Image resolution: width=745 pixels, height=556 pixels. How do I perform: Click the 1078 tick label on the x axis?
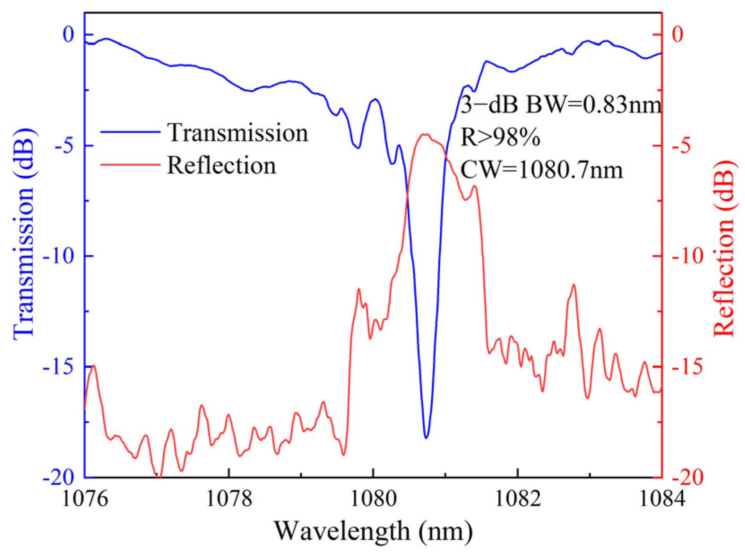229,499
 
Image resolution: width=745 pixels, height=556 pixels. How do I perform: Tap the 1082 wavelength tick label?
517,499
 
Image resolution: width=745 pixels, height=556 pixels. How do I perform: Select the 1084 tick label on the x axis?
662,499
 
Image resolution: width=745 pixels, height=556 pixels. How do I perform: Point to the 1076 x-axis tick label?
85,499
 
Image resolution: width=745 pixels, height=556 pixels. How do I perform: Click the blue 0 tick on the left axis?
69,35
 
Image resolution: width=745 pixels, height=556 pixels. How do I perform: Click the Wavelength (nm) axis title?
373,531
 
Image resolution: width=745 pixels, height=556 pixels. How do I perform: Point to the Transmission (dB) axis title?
23,233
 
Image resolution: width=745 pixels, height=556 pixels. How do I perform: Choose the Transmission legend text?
238,133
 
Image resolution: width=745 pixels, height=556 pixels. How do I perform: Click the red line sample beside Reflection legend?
130,165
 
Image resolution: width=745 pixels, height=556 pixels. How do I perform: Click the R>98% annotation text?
500,138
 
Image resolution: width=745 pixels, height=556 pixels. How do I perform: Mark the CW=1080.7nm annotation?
541,170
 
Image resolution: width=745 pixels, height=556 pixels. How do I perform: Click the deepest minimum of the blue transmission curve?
426,437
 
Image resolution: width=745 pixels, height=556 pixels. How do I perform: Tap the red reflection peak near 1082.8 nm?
573,285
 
